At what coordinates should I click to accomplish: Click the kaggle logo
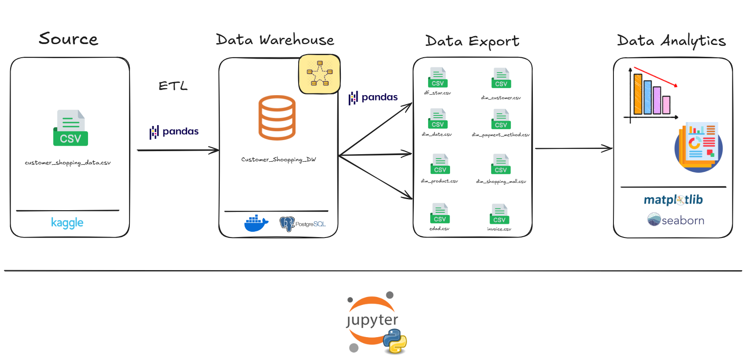click(x=67, y=223)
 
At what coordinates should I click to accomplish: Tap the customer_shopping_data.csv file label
click(x=67, y=163)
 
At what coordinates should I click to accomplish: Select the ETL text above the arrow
click(x=173, y=85)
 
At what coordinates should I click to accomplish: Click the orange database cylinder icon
click(x=277, y=118)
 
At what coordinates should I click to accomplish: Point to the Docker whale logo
click(x=256, y=223)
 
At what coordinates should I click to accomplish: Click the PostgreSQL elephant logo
click(x=287, y=224)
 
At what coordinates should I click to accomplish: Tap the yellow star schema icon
click(x=320, y=74)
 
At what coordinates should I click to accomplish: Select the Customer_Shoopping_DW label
click(x=278, y=160)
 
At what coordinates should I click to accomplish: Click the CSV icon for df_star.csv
click(x=438, y=78)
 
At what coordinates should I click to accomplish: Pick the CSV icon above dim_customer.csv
click(x=501, y=78)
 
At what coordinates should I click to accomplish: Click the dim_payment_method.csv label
click(x=501, y=135)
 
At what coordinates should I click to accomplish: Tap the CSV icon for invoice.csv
click(x=499, y=214)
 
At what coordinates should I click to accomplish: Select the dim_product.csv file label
click(x=439, y=181)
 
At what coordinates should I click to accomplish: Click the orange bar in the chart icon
click(x=638, y=94)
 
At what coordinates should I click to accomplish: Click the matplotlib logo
click(x=673, y=200)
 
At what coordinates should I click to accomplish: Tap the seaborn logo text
click(x=683, y=220)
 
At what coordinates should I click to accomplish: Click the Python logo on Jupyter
click(x=395, y=341)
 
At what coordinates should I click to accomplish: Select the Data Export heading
click(x=472, y=41)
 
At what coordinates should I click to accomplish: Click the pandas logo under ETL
click(x=174, y=132)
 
